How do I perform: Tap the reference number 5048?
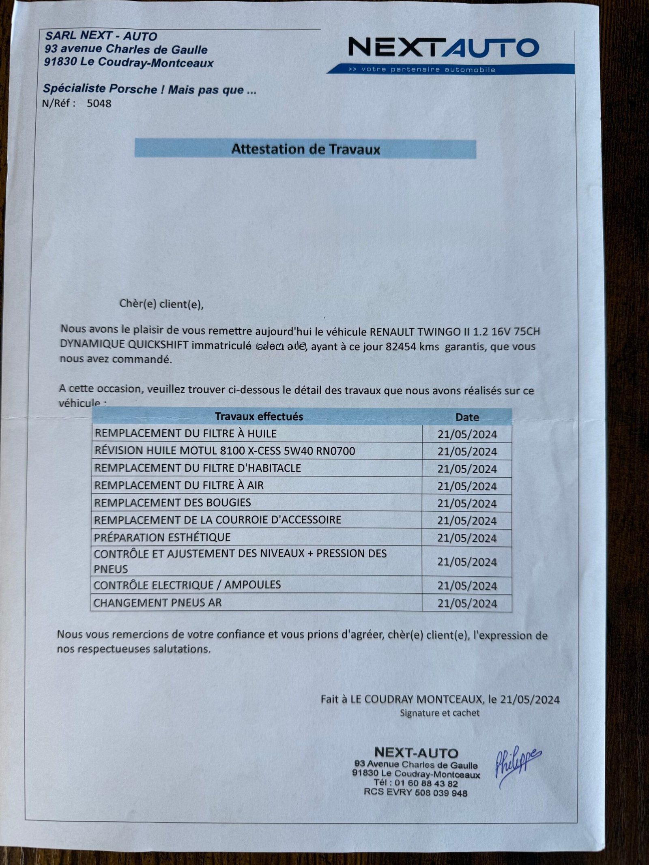pos(99,103)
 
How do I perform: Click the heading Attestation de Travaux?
pos(305,149)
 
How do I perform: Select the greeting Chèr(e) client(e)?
pos(161,304)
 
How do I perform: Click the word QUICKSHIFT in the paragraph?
pos(158,345)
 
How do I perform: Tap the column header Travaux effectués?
pos(259,416)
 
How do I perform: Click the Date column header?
pos(467,417)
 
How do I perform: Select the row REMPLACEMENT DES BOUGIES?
pos(173,502)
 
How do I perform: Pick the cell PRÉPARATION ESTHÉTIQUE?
pos(162,537)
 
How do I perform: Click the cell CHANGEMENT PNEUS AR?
pos(158,603)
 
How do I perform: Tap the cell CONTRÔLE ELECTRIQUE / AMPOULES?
pos(187,585)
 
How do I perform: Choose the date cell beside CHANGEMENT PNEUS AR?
pos(467,603)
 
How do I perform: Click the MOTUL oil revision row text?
pos(225,451)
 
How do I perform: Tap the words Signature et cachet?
pos(440,713)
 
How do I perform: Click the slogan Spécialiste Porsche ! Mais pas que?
pos(150,89)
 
